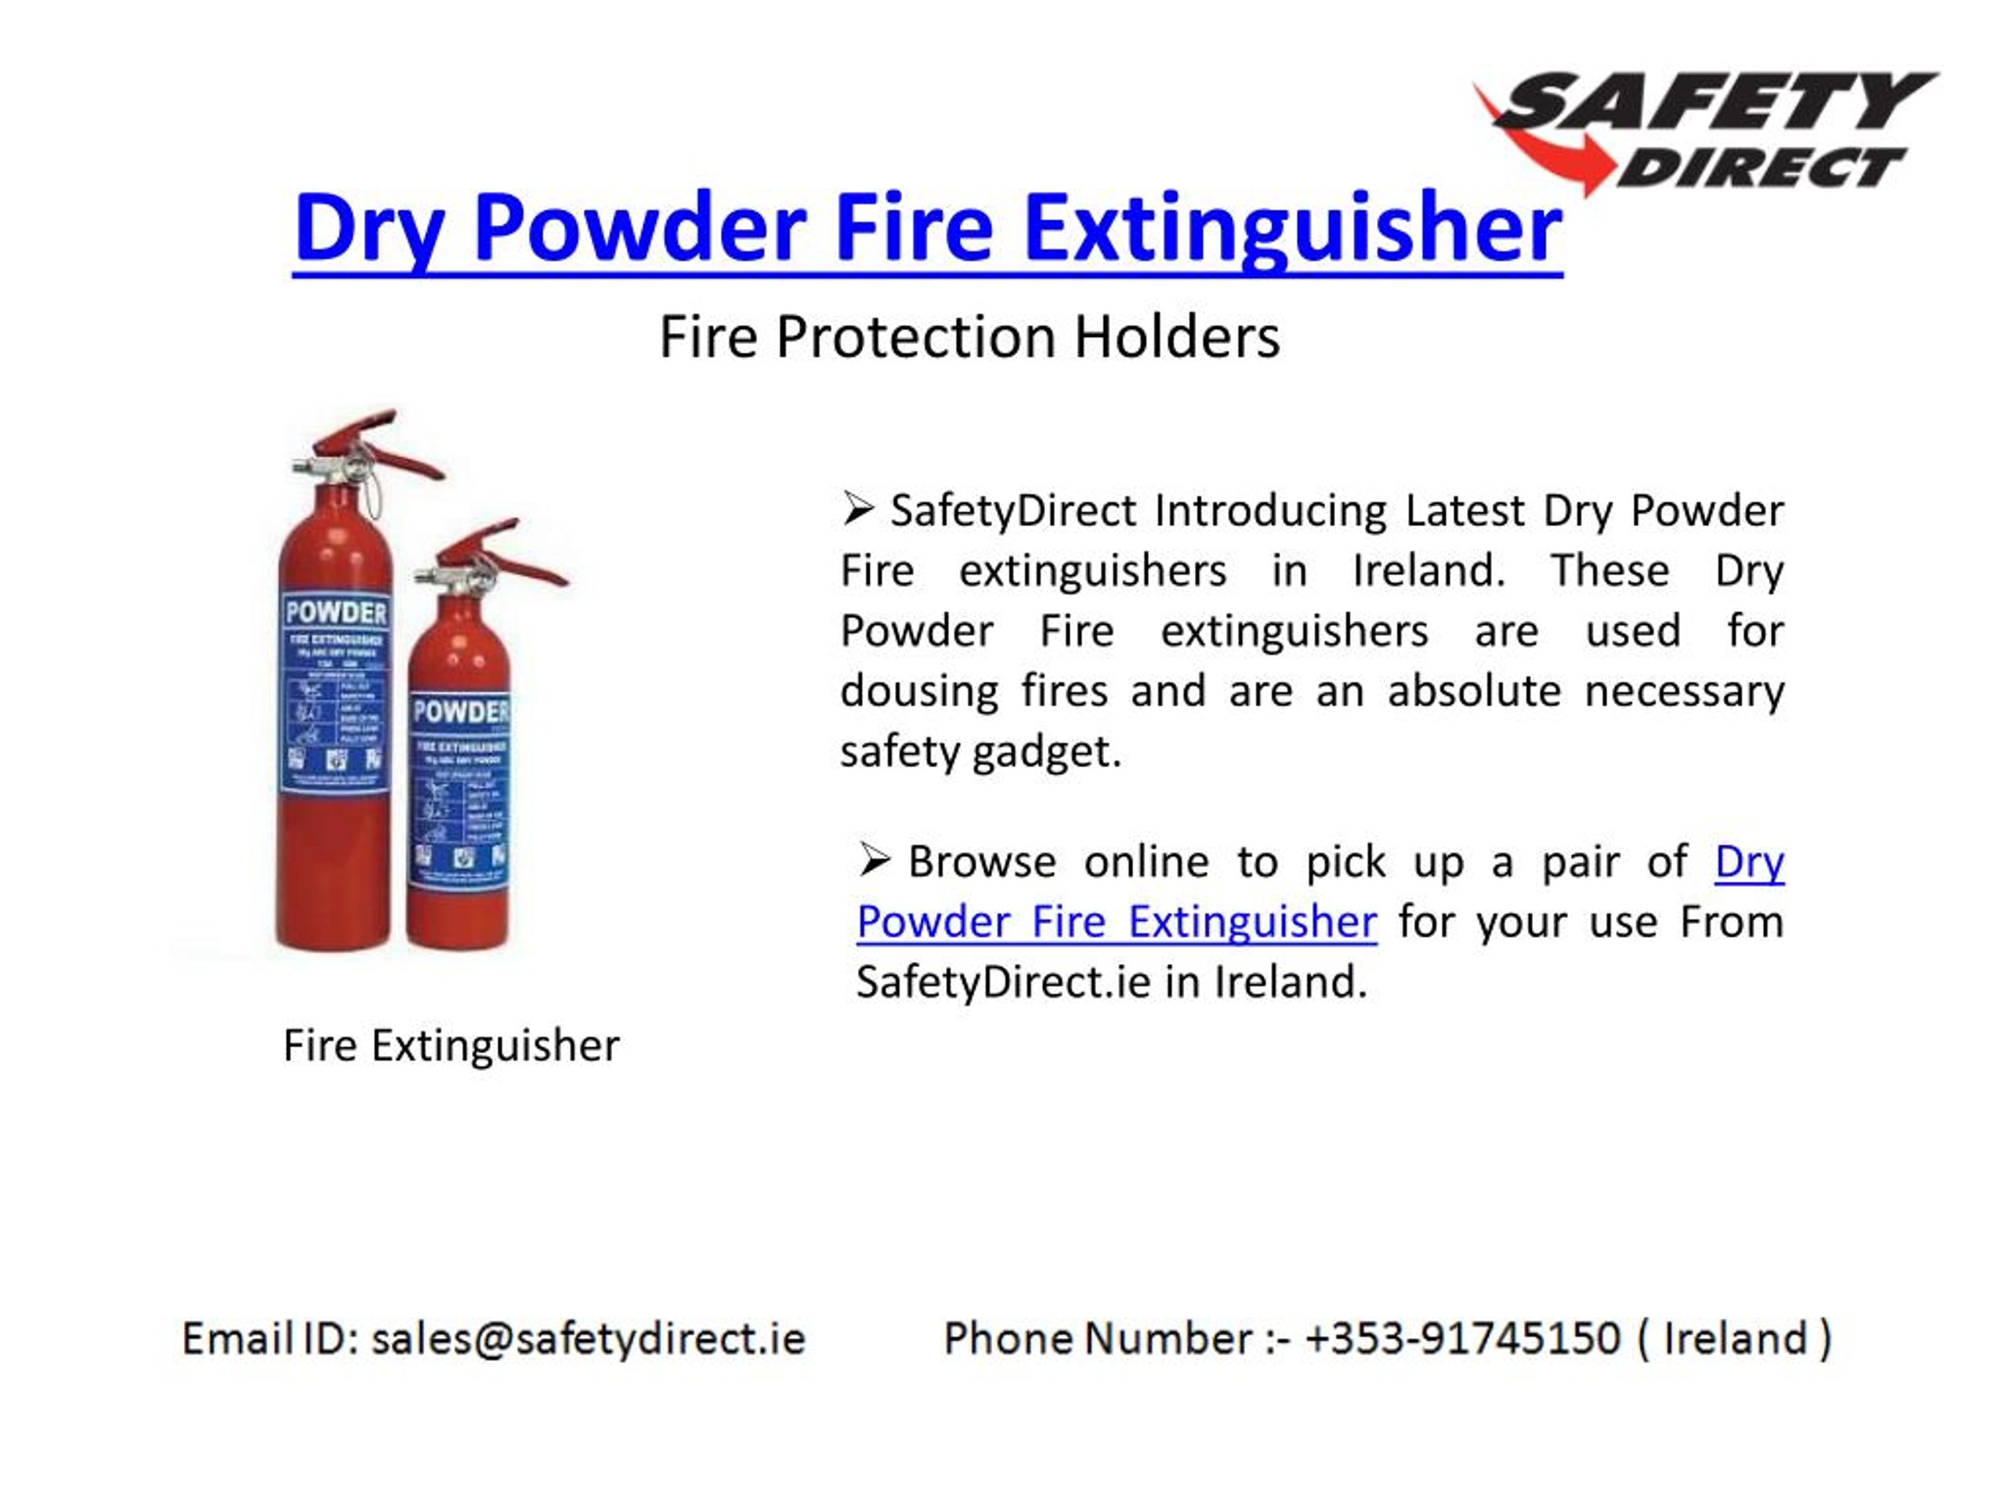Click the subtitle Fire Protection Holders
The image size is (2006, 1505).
(x=969, y=338)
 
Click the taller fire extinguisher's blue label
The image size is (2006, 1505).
(x=335, y=694)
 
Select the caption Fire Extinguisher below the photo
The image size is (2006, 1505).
(x=451, y=1045)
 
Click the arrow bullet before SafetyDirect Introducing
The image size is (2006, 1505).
(x=857, y=509)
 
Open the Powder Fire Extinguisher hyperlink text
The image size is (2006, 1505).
(x=1117, y=923)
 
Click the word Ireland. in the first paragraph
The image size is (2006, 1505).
(x=1428, y=571)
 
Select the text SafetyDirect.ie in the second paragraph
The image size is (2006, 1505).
(x=1003, y=982)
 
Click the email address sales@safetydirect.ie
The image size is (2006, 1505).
(x=588, y=1339)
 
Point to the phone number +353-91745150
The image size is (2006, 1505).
(x=1462, y=1339)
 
